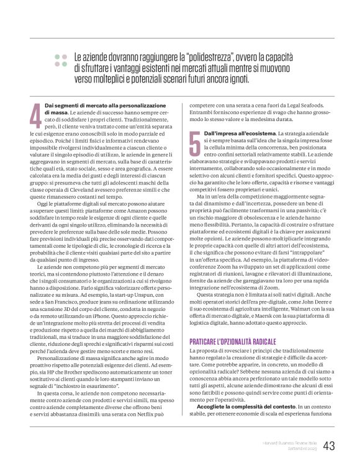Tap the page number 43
pyautogui.click(x=329, y=446)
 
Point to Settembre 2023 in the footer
pyautogui.click(x=302, y=449)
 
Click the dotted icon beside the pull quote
pyautogui.click(x=61, y=60)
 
